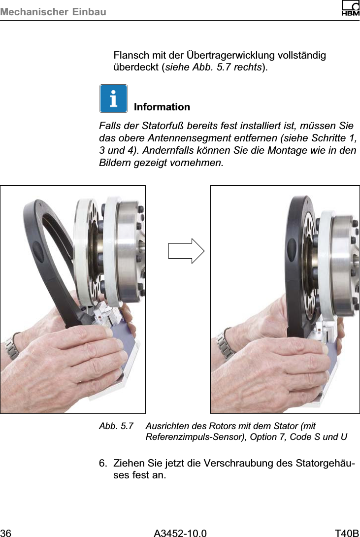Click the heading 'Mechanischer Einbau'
click(53, 11)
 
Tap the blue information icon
click(113, 99)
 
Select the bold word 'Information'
click(162, 107)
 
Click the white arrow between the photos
click(186, 251)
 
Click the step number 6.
click(102, 464)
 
